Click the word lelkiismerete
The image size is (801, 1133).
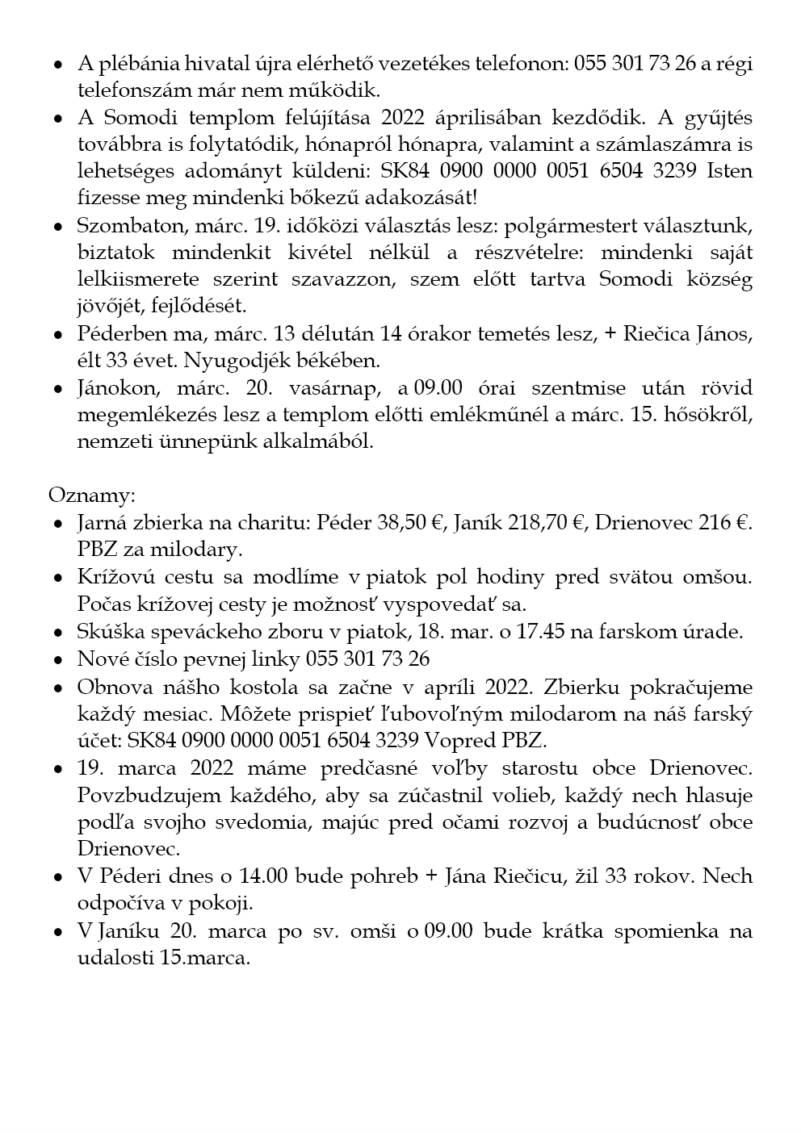pos(134,278)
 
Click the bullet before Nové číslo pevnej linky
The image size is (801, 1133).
pos(58,660)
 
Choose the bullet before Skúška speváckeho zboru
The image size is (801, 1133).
pos(58,633)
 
